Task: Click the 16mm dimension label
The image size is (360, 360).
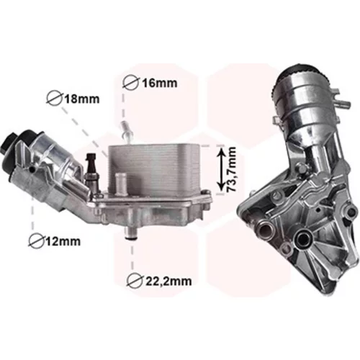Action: [x=160, y=84]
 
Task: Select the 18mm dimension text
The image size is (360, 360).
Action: [x=81, y=99]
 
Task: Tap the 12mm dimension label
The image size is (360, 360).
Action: [x=63, y=241]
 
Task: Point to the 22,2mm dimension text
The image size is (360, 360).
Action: [x=168, y=281]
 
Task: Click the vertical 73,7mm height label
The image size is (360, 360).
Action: [x=232, y=170]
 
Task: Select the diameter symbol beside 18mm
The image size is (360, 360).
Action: [x=54, y=99]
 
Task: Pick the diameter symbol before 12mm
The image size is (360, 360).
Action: [x=37, y=240]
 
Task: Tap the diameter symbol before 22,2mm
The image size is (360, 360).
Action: [x=135, y=280]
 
